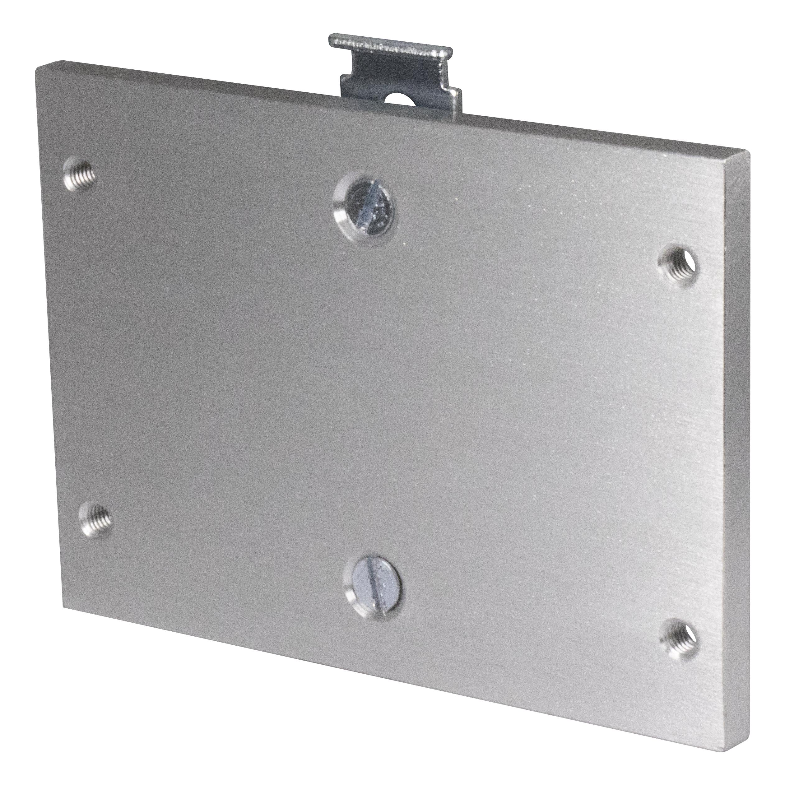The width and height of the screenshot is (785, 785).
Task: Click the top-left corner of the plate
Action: (x=37, y=69)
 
